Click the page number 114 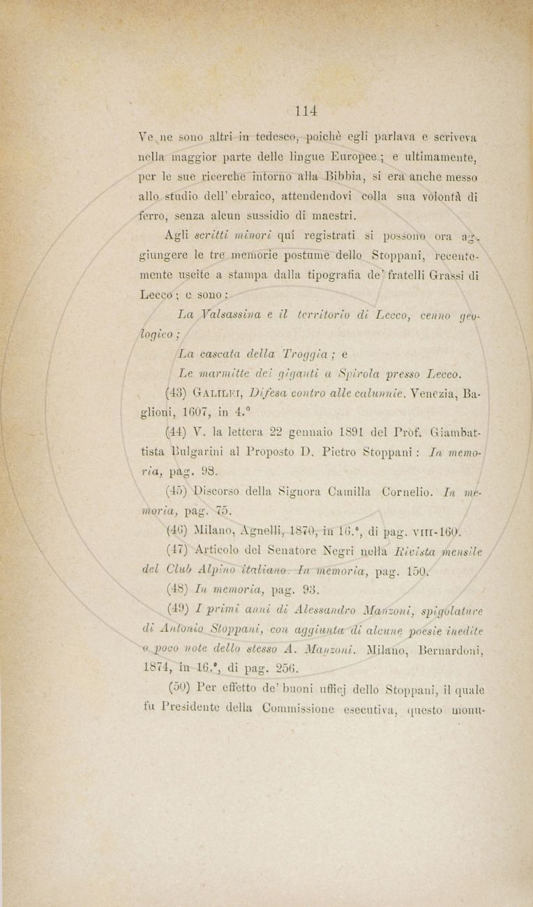tap(306, 110)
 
